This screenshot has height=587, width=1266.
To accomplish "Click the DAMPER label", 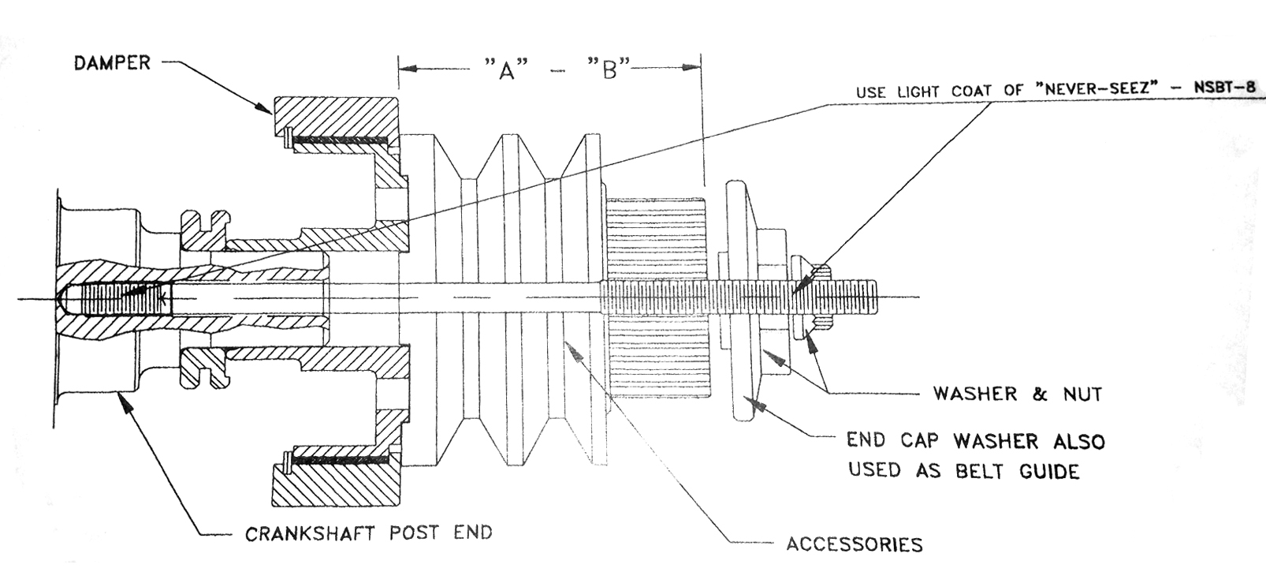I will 112,62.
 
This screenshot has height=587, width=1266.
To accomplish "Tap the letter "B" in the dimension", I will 608,70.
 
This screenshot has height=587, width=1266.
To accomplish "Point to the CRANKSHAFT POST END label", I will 368,533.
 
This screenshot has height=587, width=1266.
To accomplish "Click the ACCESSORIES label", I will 854,544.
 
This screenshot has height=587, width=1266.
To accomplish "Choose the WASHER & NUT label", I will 1017,394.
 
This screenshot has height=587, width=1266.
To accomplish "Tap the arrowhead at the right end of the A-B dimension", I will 694,67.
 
